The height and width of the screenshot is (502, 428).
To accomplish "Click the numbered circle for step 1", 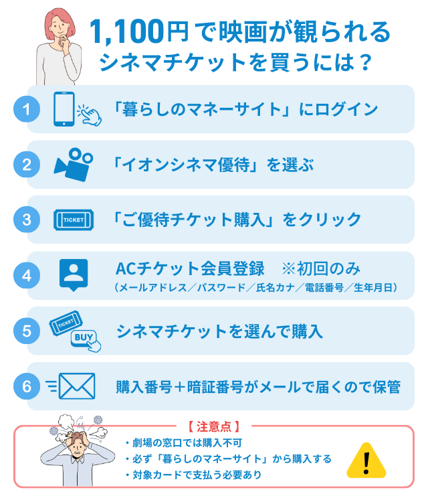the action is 27,109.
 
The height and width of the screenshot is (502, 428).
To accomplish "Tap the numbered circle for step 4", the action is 27,275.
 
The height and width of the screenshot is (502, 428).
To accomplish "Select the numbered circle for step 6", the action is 27,386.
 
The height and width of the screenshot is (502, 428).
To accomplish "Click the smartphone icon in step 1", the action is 64,109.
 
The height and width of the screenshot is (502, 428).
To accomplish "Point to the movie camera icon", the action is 74,165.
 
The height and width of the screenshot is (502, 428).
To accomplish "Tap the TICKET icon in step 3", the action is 74,220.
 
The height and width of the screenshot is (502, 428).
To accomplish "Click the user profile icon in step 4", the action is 74,274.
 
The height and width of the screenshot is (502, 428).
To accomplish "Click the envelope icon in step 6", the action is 77,386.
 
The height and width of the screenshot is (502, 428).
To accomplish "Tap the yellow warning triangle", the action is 366,461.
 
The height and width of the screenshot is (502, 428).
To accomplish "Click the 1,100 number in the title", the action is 126,31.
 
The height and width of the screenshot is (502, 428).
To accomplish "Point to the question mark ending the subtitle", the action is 364,62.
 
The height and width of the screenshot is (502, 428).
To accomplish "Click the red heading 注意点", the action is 214,426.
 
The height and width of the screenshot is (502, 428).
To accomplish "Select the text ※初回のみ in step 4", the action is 321,268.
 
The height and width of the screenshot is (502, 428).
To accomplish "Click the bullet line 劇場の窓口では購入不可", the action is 184,443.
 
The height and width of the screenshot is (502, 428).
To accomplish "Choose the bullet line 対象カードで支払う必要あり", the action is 193,475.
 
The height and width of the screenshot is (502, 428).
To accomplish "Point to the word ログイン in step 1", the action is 346,109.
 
